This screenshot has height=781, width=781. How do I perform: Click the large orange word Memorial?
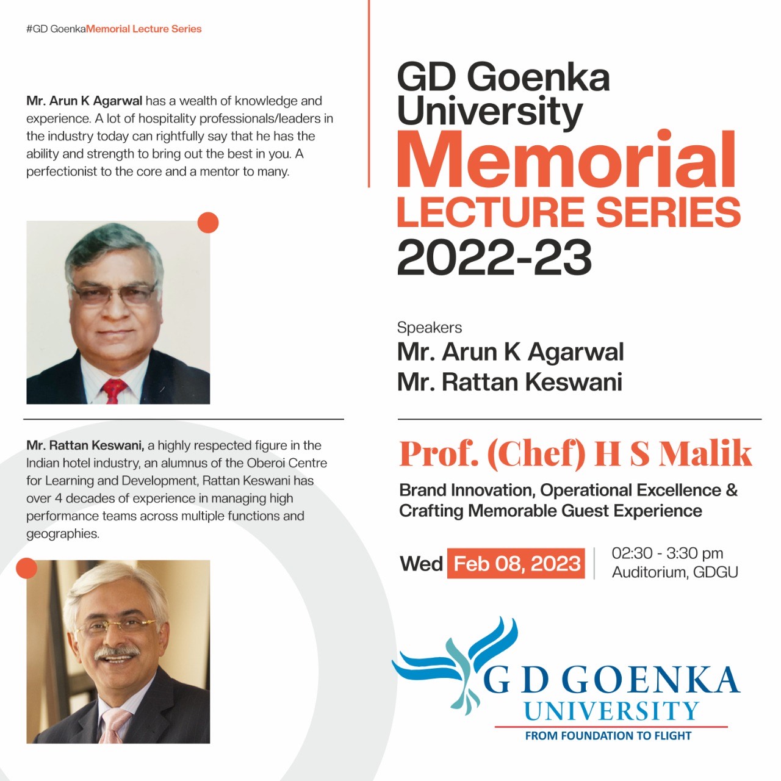coord(566,160)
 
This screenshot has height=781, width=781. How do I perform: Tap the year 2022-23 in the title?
coord(494,257)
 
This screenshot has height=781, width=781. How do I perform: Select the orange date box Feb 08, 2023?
coord(516,563)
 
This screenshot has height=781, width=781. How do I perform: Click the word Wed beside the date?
coord(421,564)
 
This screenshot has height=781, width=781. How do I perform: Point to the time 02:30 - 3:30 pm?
coord(667,553)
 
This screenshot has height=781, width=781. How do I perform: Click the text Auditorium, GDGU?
coord(675,572)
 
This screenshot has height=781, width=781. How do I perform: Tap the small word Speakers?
coord(429,328)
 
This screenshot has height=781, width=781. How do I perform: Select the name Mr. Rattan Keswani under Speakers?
coord(509,382)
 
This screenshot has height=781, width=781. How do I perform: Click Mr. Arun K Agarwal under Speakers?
coord(510,352)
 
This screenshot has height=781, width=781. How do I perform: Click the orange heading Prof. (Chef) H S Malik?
coord(575,453)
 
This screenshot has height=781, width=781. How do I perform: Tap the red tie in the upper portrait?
coord(113,390)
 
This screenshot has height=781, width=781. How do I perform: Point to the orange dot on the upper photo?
coord(208,223)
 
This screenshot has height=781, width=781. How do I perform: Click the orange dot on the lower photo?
coord(26,568)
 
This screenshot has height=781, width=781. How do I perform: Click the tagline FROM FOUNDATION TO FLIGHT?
coord(608,736)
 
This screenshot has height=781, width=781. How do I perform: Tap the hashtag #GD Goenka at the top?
coord(56,29)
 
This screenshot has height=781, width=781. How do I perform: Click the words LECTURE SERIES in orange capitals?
coord(569,212)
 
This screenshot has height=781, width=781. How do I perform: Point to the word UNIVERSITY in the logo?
coord(611,711)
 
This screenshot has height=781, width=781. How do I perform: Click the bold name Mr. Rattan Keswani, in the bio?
coord(85,445)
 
